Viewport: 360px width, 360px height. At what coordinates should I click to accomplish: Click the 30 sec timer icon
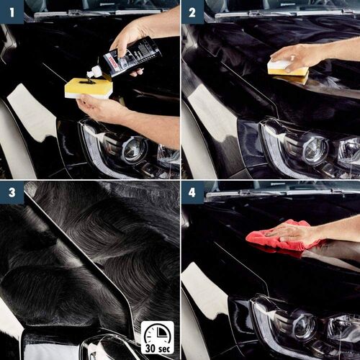(157, 337)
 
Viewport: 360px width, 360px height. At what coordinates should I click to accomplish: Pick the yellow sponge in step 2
(287, 70)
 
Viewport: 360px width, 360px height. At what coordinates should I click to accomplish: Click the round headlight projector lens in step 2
(314, 150)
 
